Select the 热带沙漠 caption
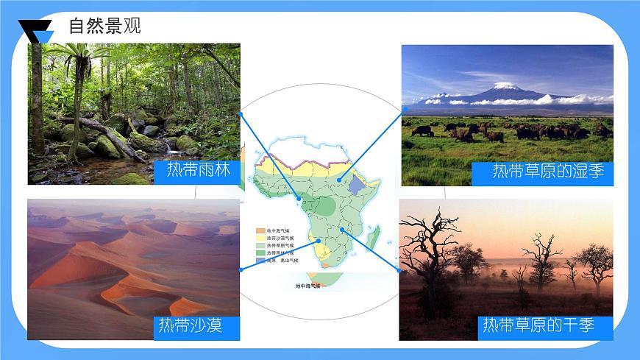pos(190,325)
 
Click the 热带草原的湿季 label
pos(548,172)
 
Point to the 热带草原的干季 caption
pos(538,325)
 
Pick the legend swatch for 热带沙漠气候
pos(260,238)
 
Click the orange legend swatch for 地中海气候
pos(260,230)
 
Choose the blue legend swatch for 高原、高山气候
pos(260,260)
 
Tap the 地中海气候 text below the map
pos(307,286)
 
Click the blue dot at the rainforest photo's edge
pos(241,114)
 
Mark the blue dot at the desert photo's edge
pos(241,269)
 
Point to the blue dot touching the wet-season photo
pos(405,108)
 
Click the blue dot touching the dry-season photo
pos(398,270)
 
